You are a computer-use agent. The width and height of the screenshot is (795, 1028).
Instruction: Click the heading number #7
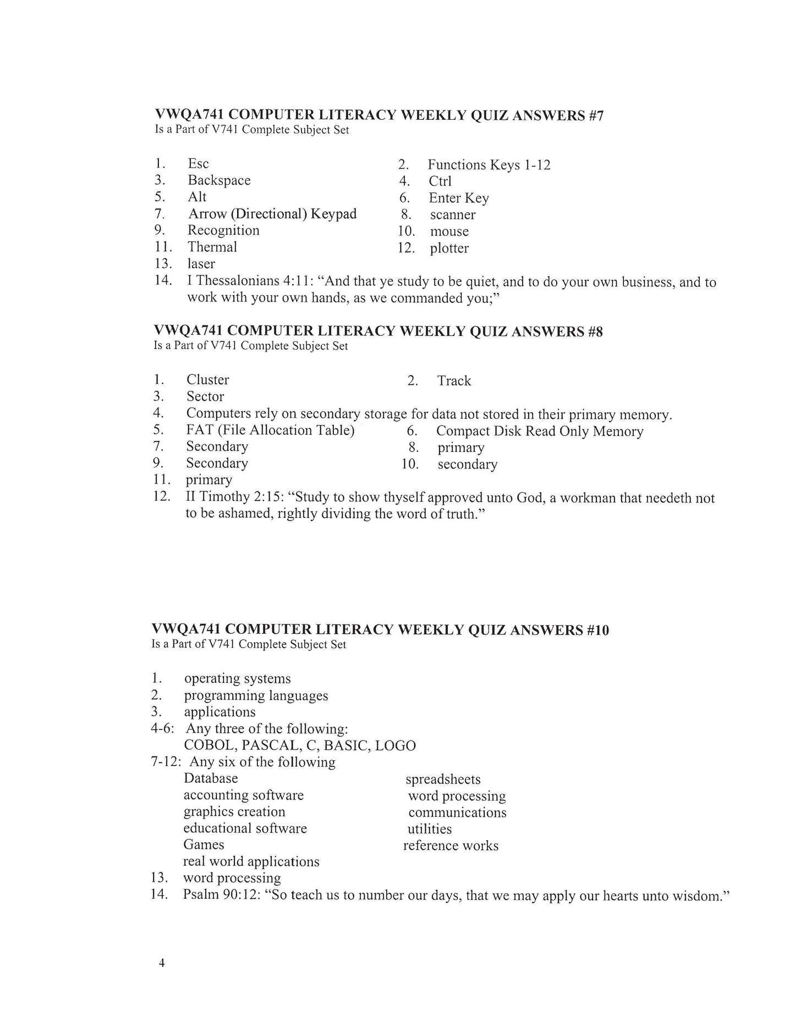[x=596, y=115]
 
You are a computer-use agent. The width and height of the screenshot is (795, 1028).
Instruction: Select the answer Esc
[x=198, y=164]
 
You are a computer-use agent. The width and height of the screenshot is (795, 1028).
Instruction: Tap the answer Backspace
[x=219, y=180]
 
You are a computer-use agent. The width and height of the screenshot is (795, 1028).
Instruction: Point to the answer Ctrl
[x=440, y=181]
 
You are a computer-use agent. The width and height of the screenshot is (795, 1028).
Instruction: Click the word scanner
[x=453, y=215]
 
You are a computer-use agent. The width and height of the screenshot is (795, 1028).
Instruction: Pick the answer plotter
[x=449, y=248]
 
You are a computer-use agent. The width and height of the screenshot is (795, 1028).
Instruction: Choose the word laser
[x=201, y=264]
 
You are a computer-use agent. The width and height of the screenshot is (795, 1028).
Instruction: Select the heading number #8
[x=595, y=331]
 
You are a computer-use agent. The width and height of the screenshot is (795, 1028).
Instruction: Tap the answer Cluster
[x=207, y=380]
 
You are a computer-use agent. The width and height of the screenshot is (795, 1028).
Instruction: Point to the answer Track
[x=454, y=381]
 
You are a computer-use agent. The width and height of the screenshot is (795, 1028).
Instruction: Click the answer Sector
[x=205, y=397]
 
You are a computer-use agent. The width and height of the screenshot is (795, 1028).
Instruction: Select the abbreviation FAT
[x=200, y=430]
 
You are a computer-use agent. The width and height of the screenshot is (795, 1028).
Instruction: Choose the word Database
[x=211, y=778]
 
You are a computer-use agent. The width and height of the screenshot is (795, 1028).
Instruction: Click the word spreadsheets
[x=443, y=780]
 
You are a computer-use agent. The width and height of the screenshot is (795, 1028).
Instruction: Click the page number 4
[x=162, y=963]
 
